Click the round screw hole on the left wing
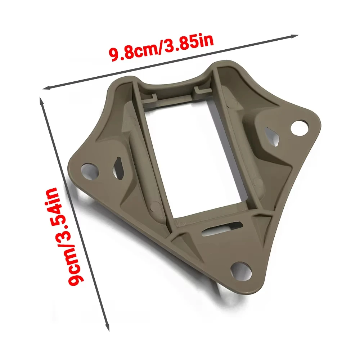click(x=90, y=170)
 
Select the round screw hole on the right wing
click(x=300, y=127)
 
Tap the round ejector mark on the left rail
click(x=154, y=206)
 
